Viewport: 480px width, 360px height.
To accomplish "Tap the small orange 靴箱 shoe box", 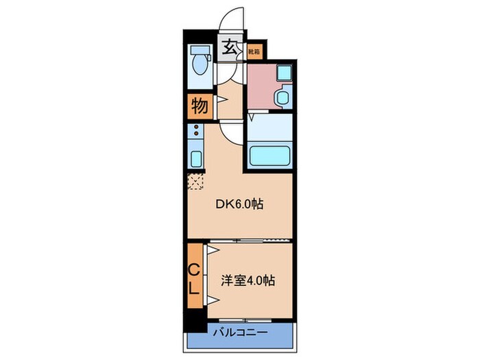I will coord(253,49).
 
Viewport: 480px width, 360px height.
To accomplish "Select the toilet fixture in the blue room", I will coord(200,64).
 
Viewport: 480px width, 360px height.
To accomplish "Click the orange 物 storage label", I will coord(199,107).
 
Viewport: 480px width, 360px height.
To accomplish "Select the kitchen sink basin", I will coord(195,159).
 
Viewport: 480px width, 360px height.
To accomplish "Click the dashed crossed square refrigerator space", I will coord(195,182).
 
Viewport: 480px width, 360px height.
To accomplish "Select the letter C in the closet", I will coord(194,268).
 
